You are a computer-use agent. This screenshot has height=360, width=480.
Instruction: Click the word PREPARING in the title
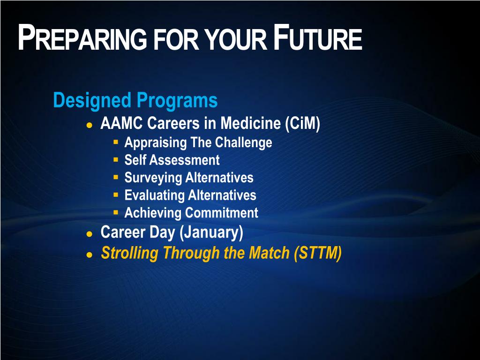(82, 37)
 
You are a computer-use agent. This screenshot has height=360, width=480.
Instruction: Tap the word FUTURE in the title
(318, 37)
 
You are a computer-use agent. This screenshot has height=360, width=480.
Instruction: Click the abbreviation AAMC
(121, 123)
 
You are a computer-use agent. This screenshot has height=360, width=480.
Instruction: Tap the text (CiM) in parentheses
(302, 123)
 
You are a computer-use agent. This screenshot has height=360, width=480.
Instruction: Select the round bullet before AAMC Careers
(90, 125)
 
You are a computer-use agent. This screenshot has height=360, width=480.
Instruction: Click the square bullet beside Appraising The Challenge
(116, 142)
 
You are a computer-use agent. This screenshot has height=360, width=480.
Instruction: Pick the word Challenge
(243, 143)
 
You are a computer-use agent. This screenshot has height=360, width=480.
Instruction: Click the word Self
(135, 160)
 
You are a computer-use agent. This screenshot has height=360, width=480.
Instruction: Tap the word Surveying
(153, 178)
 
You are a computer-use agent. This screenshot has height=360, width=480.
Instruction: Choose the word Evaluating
(154, 195)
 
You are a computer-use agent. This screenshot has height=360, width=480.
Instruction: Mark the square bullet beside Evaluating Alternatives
(116, 195)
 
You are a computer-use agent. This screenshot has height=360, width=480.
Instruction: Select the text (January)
(211, 232)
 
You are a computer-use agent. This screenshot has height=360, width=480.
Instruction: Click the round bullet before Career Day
(90, 234)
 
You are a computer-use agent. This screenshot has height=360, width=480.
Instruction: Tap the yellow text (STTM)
(317, 253)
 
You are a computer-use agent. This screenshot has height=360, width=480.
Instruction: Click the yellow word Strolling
(130, 253)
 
